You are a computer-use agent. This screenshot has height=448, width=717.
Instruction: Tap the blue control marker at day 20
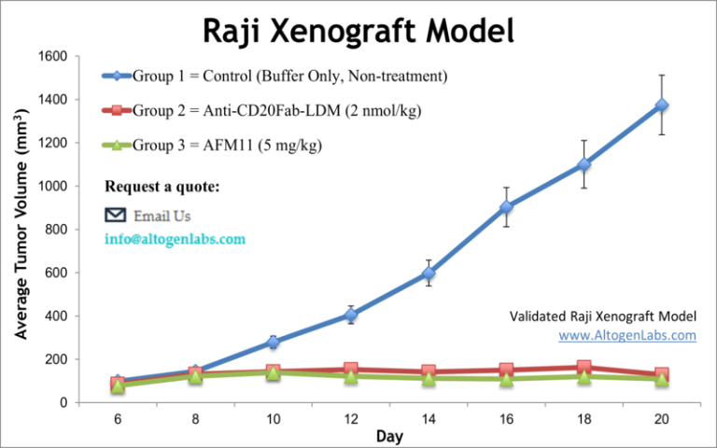point(661,105)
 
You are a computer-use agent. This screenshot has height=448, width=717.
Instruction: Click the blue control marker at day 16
point(532,207)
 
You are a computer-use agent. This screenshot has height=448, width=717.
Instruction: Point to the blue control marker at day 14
point(429,273)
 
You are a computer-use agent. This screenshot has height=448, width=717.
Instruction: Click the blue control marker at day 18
point(583,164)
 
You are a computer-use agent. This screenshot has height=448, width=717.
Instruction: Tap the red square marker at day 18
point(583,368)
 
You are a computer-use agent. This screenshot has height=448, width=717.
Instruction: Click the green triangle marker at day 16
point(532,379)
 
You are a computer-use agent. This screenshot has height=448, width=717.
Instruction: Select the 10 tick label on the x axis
point(273,419)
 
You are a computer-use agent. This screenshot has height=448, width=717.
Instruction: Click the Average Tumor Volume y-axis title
point(20,230)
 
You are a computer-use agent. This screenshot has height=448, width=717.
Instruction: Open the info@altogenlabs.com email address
point(175,239)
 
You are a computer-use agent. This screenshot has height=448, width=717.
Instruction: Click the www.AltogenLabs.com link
point(627,335)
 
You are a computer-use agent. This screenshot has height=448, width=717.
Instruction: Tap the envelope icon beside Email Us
point(115,215)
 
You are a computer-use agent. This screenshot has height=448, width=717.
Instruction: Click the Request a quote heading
point(162,186)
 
